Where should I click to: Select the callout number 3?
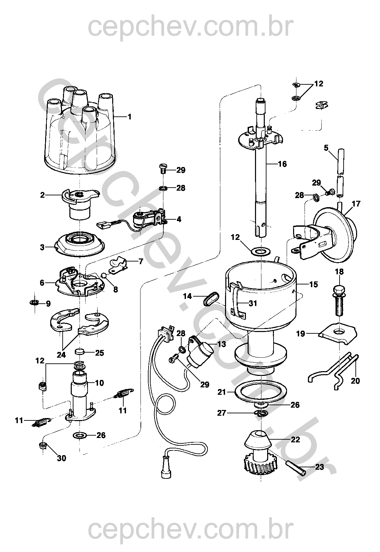pyautogui.click(x=42, y=247)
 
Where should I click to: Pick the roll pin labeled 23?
pyautogui.click(x=295, y=467)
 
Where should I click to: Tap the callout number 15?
pyautogui.click(x=314, y=284)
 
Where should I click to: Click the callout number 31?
pyautogui.click(x=253, y=303)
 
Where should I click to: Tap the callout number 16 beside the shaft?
pyautogui.click(x=282, y=164)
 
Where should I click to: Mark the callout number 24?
pyautogui.click(x=61, y=355)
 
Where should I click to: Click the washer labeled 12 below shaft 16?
pyautogui.click(x=260, y=252)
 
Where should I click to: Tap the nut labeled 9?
pyautogui.click(x=34, y=302)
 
